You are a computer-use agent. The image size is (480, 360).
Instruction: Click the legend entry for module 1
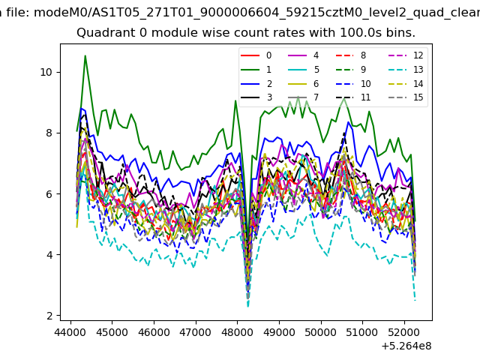(x=256, y=70)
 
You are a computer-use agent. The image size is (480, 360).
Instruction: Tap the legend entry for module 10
(x=353, y=83)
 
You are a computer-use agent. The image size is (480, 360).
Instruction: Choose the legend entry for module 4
(x=303, y=55)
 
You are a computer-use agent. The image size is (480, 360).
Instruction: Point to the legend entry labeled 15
(x=406, y=97)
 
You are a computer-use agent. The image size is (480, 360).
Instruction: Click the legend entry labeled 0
(x=256, y=55)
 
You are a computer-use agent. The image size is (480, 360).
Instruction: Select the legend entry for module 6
(x=303, y=83)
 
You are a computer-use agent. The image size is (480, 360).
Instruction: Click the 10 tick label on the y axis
(x=46, y=73)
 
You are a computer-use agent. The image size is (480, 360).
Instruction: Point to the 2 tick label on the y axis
(x=49, y=316)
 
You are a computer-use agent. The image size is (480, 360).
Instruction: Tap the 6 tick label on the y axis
(x=49, y=194)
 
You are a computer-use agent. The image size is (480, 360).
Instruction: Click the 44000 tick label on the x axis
(x=70, y=332)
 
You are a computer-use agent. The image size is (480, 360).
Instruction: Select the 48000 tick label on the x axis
(x=237, y=332)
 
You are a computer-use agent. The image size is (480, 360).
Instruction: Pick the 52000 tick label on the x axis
(x=404, y=332)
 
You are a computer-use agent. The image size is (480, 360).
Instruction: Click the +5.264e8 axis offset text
(x=406, y=346)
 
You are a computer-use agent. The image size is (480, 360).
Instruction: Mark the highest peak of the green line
(x=85, y=55)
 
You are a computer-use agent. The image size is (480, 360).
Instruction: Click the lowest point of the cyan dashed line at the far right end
(x=415, y=301)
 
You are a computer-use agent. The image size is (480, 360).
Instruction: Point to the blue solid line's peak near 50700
(x=348, y=122)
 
